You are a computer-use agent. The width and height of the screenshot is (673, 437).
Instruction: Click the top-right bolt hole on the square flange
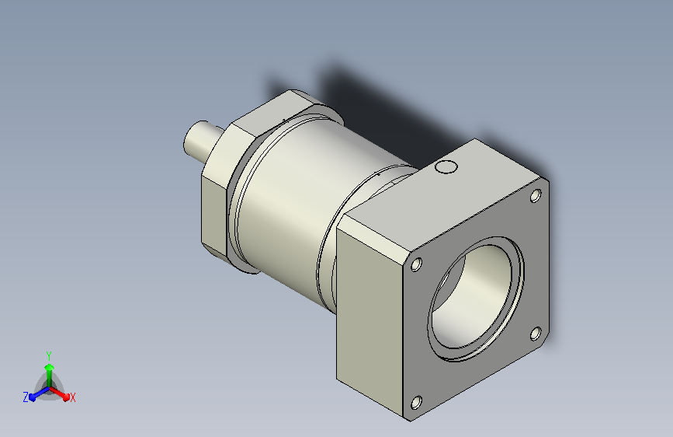pos(536,196)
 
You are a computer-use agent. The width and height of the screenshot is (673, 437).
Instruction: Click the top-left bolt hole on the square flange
pos(416,264)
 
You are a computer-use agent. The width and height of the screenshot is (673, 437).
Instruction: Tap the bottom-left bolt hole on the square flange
pos(416,403)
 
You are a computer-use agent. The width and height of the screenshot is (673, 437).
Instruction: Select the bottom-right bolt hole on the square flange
pos(536,334)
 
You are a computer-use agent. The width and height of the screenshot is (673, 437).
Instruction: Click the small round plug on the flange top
pos(446,166)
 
